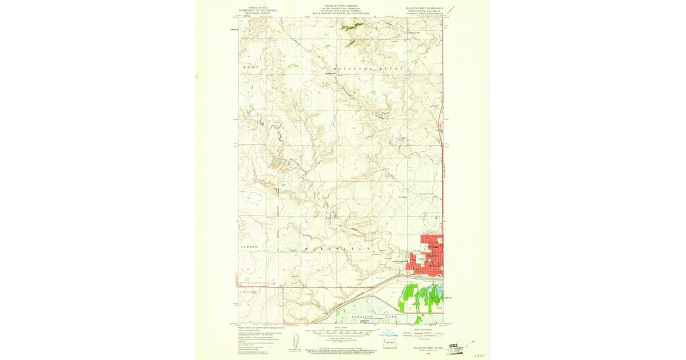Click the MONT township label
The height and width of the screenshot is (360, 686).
[248, 67]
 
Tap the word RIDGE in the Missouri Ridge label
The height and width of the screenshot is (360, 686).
[394, 68]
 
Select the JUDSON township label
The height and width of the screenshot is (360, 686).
[249, 246]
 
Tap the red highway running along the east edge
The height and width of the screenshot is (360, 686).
[442, 171]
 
